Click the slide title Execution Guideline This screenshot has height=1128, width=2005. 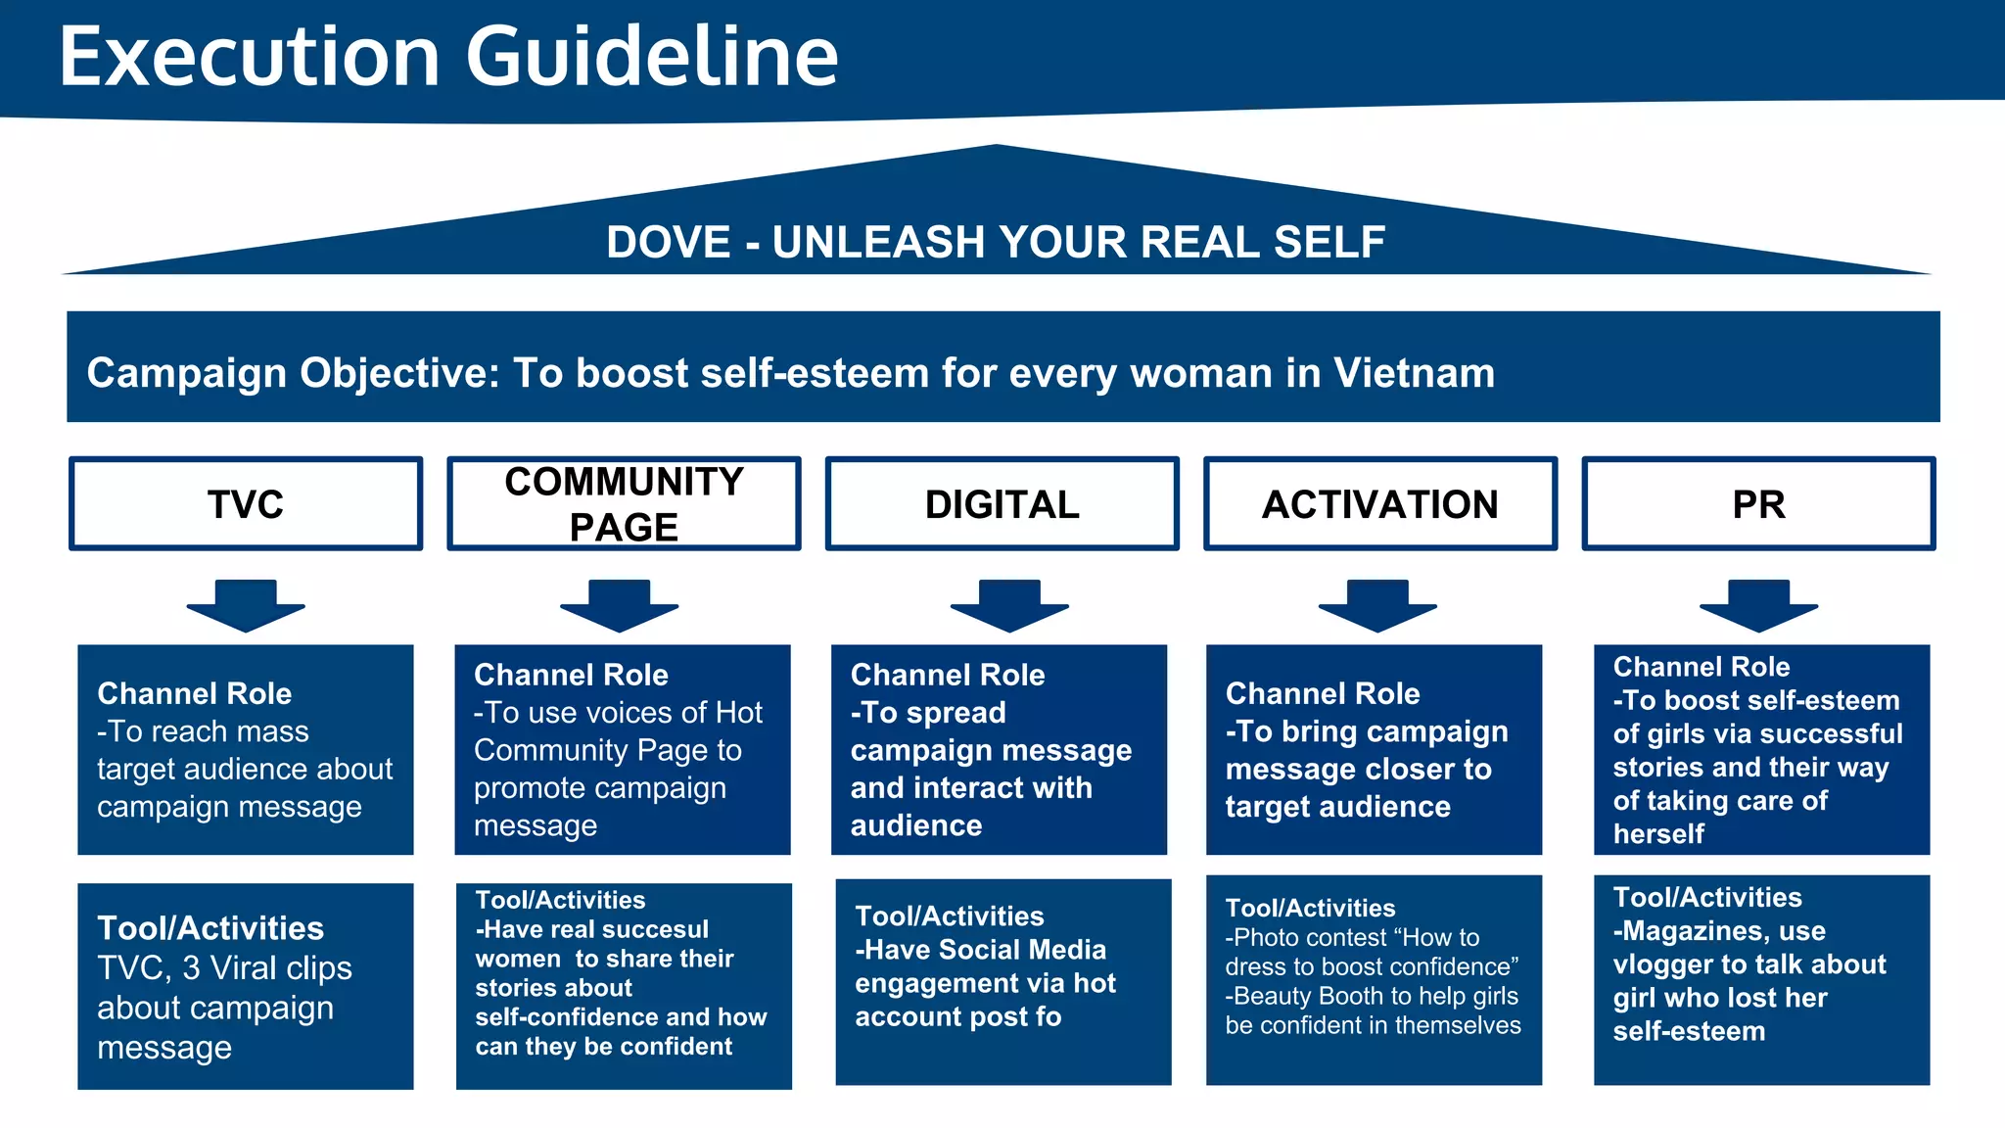(448, 57)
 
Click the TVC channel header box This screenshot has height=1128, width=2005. (246, 504)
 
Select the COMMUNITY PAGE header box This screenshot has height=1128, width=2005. (624, 504)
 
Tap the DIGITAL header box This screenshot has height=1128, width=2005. (1002, 504)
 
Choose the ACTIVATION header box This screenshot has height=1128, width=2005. (1379, 504)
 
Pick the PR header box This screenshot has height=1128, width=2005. (1758, 504)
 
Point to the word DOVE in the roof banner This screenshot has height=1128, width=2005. (668, 242)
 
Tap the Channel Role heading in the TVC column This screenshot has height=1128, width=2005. (194, 693)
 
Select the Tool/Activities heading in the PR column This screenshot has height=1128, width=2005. (1706, 897)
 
